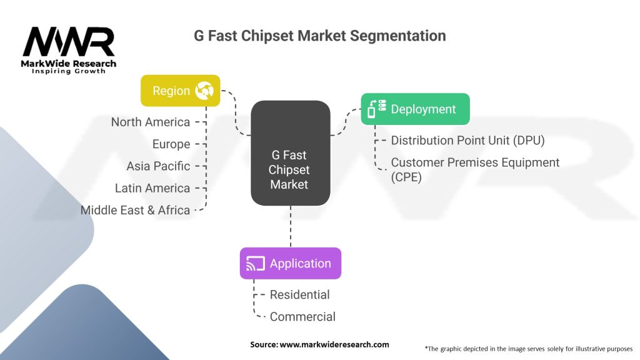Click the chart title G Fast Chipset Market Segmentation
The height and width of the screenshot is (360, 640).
click(320, 36)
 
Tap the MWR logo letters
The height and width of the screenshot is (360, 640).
click(69, 42)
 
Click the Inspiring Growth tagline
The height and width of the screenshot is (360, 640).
click(69, 71)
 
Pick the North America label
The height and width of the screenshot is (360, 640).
click(150, 122)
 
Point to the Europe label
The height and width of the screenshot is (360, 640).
click(171, 144)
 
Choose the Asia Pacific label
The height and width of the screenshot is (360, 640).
click(157, 166)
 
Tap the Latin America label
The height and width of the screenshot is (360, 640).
click(152, 188)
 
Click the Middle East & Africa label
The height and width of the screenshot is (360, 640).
click(135, 211)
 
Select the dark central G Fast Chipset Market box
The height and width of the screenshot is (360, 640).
click(290, 153)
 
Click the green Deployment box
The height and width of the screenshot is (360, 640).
click(415, 109)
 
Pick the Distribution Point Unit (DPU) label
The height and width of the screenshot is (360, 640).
click(467, 141)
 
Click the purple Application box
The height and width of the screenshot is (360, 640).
click(290, 263)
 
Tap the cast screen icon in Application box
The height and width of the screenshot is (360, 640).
click(255, 264)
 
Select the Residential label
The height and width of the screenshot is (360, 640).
click(299, 294)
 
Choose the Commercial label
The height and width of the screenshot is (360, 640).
click(302, 317)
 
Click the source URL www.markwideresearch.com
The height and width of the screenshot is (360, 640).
click(334, 344)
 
